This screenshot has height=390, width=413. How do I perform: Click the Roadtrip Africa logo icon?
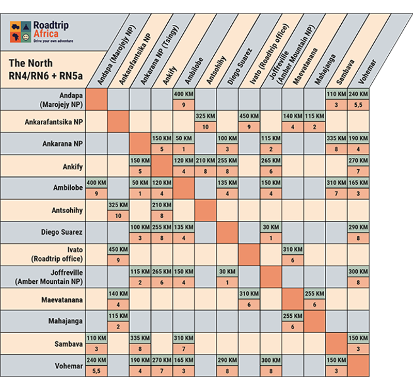click(x=21, y=31)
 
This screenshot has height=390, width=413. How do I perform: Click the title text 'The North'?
click(x=31, y=64)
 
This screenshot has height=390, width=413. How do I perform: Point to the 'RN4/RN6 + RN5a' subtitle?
click(x=46, y=78)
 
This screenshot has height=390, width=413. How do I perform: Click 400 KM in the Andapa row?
click(x=184, y=94)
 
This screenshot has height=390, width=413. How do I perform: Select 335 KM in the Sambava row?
click(x=140, y=338)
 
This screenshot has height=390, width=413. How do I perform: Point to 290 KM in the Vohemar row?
click(x=227, y=361)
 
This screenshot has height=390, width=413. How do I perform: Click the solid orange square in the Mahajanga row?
click(x=314, y=321)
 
